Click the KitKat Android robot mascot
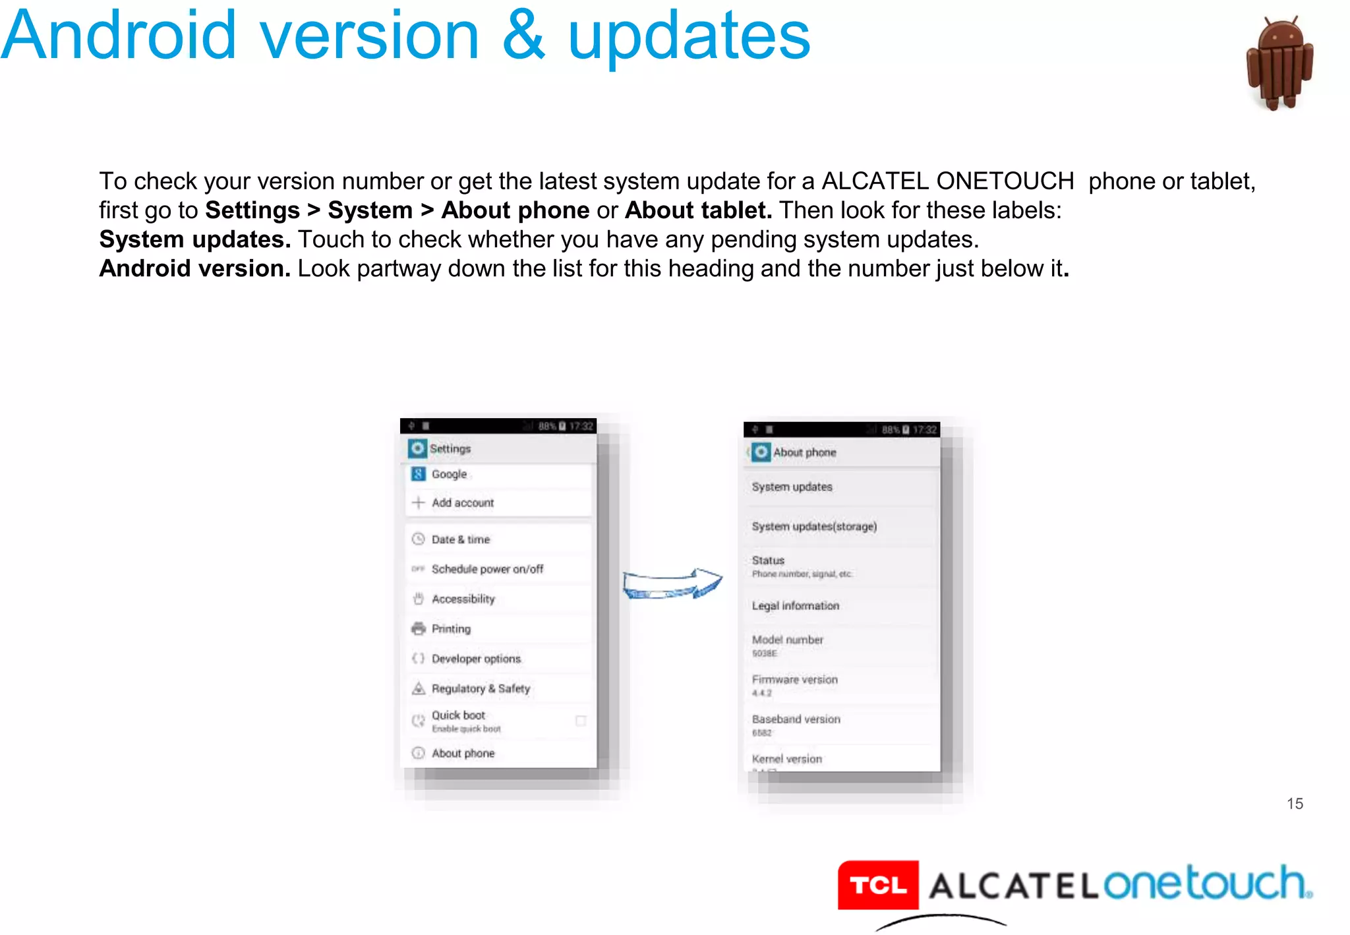point(1279,64)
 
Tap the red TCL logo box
point(878,885)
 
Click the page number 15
point(1295,803)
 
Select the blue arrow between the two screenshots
point(672,584)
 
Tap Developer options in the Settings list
point(476,659)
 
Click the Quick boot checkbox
point(581,721)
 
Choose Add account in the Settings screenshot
point(463,503)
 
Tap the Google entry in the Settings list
point(449,474)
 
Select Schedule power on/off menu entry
point(487,569)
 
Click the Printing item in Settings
point(451,629)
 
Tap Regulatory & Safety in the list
point(481,688)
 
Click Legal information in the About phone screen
point(796,606)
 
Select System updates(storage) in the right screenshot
point(814,526)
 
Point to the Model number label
point(788,640)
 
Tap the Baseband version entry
point(796,719)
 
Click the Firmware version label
point(795,679)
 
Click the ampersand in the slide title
point(523,36)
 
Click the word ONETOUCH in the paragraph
point(1005,181)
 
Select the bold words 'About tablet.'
point(698,210)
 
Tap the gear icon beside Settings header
point(418,448)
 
